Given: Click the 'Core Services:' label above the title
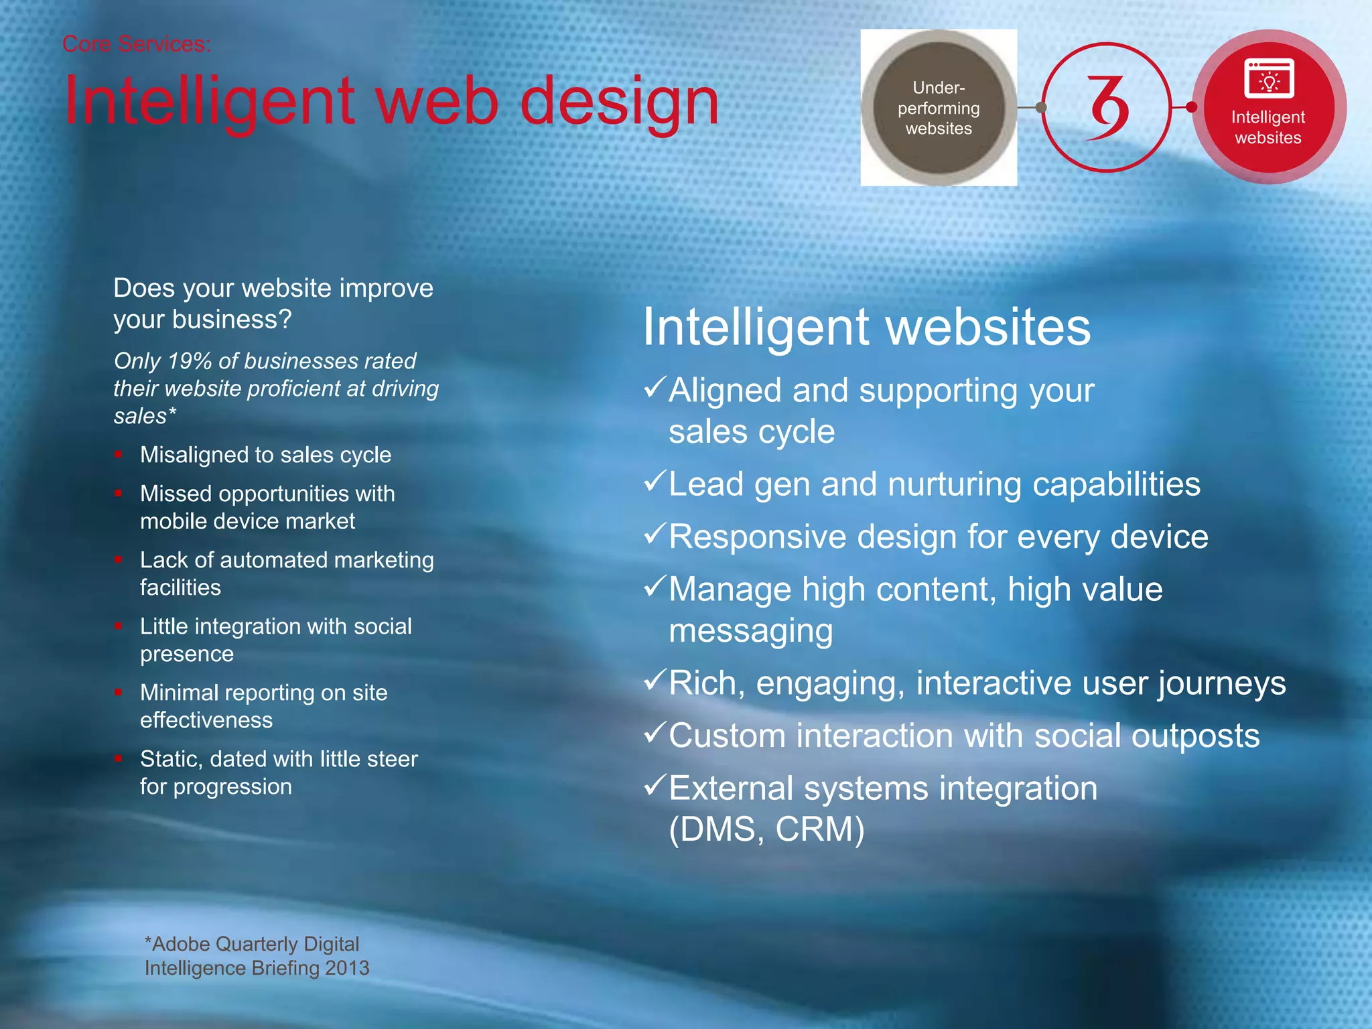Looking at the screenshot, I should click(136, 44).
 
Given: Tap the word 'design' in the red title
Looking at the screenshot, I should click(619, 102).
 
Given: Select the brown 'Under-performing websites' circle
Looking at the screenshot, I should click(938, 108).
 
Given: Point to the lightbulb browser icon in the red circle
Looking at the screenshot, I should click(1269, 79).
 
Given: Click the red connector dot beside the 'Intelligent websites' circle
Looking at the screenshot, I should click(1191, 107).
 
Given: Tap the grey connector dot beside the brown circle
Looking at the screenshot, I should click(1040, 107).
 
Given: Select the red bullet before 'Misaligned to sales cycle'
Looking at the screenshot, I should click(119, 454).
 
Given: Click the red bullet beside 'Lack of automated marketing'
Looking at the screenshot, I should click(119, 559).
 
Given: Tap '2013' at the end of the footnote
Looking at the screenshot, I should click(347, 968).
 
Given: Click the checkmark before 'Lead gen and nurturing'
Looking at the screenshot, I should click(655, 481).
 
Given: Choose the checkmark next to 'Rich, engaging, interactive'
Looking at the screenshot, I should click(655, 680).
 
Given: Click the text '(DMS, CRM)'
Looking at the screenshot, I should click(766, 829).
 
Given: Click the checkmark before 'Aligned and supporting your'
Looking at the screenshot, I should click(655, 387).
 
